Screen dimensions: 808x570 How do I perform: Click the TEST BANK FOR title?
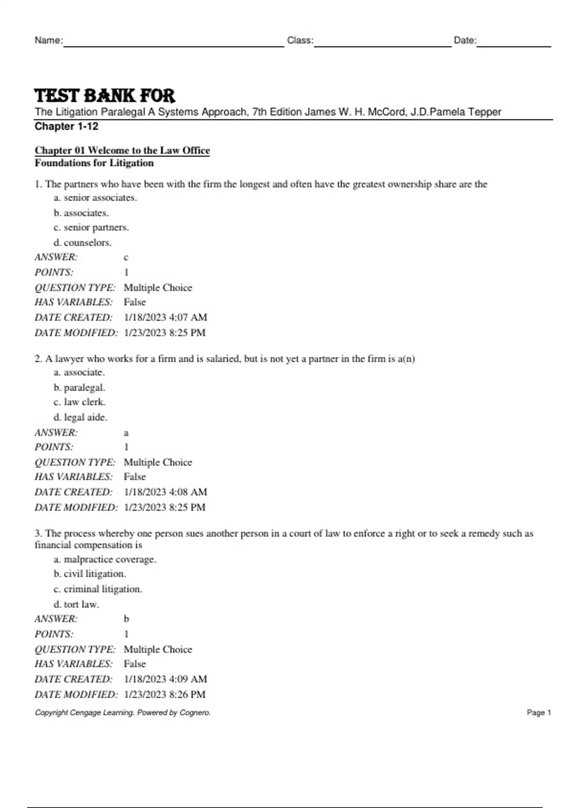105,96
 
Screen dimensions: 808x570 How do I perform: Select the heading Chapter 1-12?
66,126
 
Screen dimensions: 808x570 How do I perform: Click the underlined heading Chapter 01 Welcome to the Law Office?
122,150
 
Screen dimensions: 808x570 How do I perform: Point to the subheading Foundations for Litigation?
94,163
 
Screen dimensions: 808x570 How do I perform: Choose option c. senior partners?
91,228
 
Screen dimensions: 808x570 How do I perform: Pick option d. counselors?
83,243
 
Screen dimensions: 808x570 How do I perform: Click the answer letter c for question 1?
126,258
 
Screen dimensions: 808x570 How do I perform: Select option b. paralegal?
79,388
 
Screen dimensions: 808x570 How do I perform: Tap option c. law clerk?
79,402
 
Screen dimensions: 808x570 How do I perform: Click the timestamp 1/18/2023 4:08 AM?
165,492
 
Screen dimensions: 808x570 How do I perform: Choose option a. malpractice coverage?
105,559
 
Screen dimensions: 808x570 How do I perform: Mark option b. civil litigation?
90,574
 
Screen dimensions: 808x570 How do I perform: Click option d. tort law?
76,605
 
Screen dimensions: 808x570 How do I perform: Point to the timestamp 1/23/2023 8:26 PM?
164,694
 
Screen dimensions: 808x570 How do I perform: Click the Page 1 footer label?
539,712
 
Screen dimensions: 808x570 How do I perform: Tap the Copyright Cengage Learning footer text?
123,712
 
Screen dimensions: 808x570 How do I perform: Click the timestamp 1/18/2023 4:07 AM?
165,317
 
